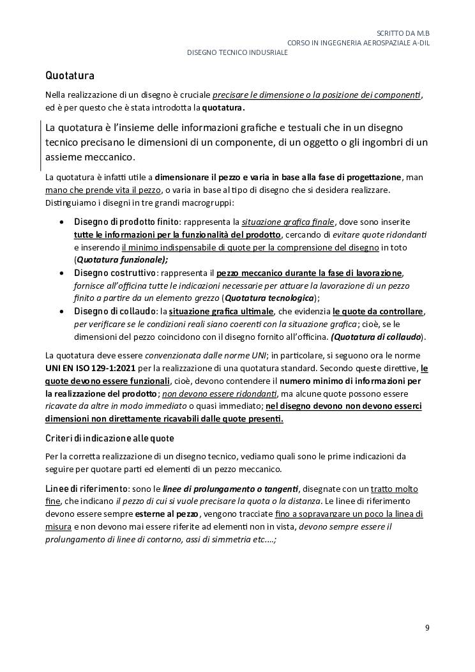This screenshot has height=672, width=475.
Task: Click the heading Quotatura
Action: [70, 76]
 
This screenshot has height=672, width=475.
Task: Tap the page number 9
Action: [427, 628]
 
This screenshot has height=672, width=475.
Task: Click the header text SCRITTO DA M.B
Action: [403, 33]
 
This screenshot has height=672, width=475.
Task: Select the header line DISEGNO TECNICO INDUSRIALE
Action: [237, 52]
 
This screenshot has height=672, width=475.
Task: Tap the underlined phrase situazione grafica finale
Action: [288, 222]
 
